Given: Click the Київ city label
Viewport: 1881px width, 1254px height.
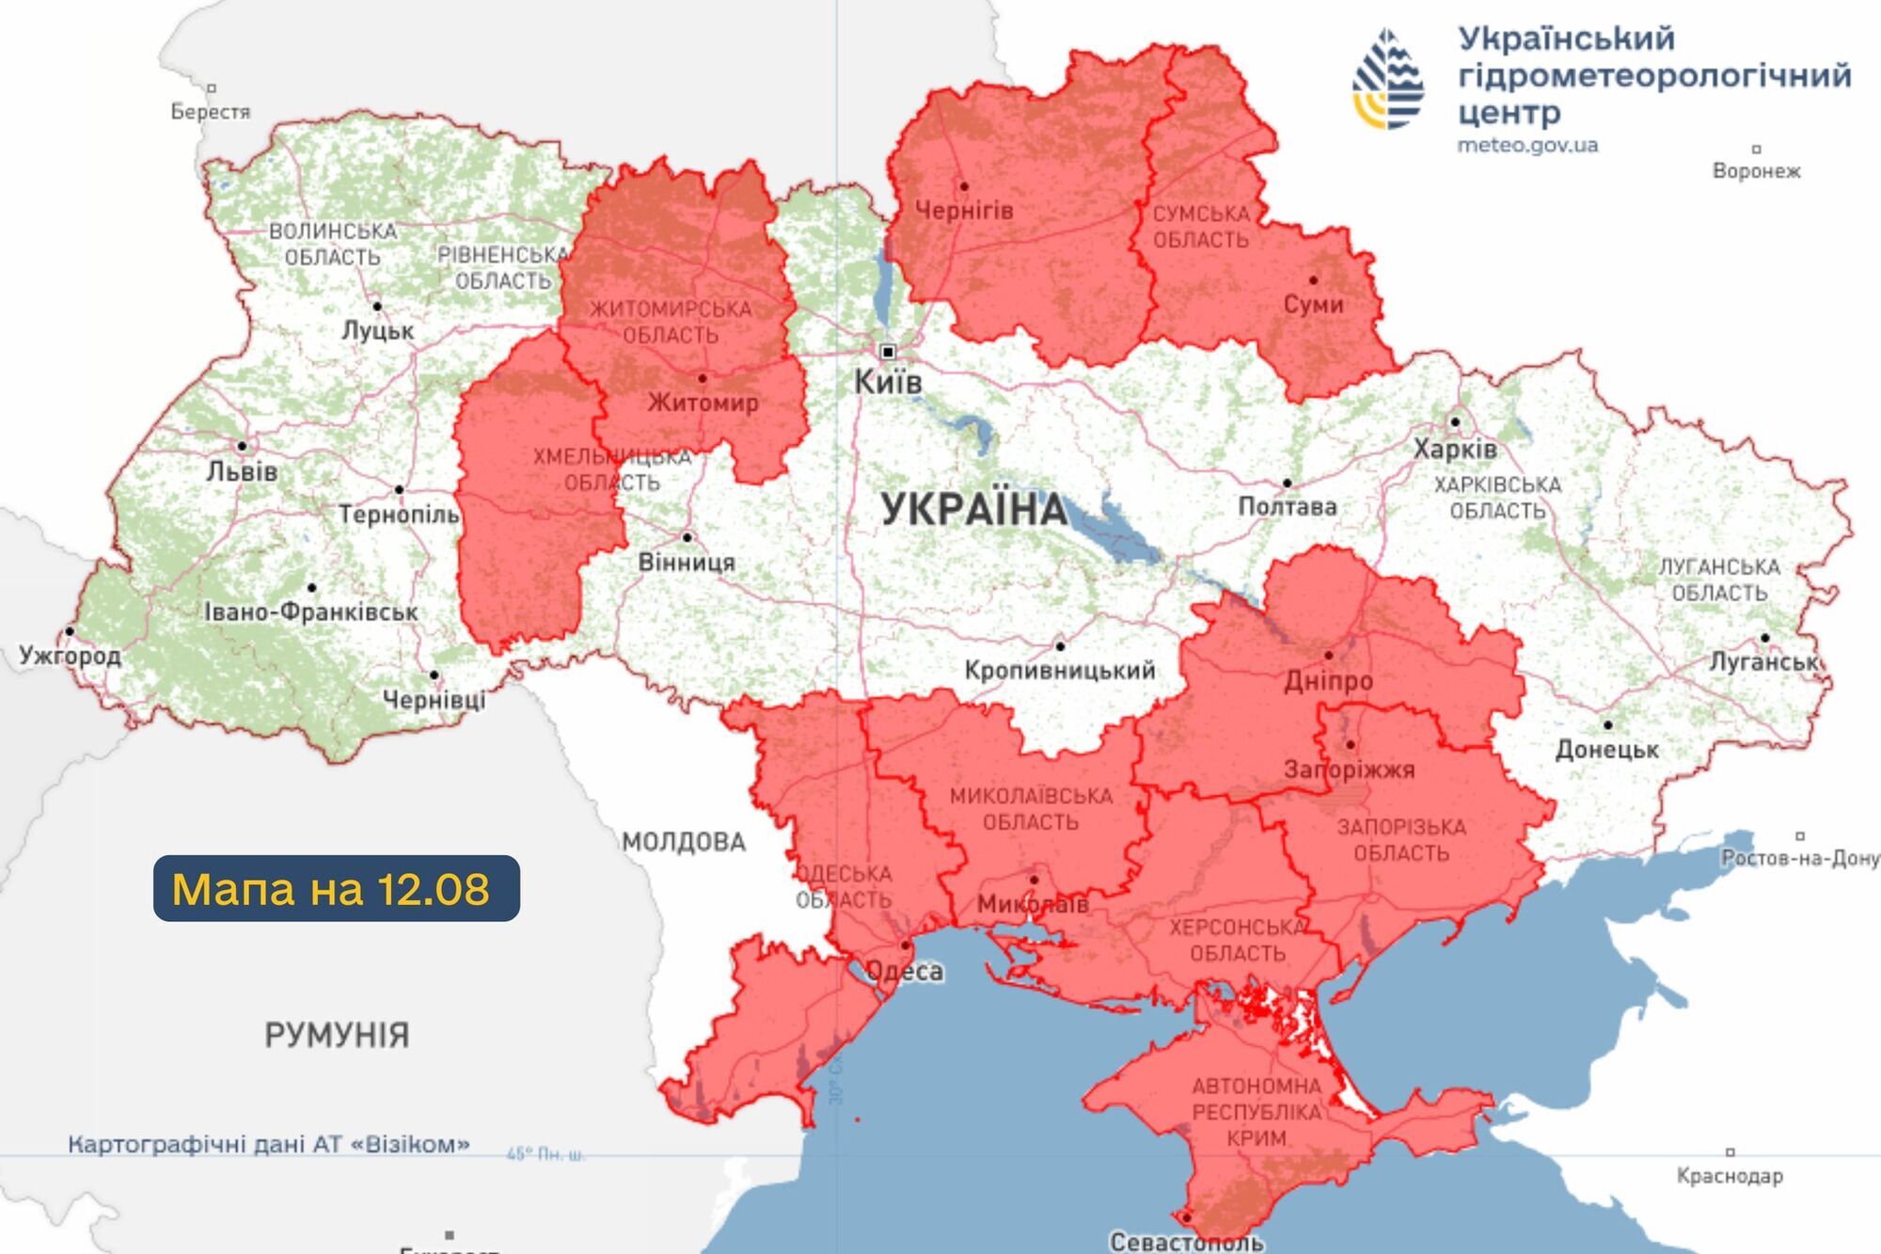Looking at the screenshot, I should [887, 382].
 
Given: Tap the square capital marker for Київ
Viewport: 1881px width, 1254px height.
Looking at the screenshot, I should [887, 352].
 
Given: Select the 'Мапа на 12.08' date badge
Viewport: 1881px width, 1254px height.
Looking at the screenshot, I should [336, 888].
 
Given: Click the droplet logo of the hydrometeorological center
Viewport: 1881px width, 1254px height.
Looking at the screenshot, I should [1388, 79].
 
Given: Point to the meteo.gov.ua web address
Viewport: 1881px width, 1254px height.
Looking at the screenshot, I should [1526, 146].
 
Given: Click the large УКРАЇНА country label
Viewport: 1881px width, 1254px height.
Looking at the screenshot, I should [974, 510].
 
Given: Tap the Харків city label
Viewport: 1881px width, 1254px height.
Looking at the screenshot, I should [1455, 449].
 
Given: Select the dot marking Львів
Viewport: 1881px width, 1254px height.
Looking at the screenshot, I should [242, 446].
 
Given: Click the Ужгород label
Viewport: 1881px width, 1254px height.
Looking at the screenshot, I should [71, 656].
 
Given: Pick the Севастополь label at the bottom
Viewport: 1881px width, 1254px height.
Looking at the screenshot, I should [1186, 1242].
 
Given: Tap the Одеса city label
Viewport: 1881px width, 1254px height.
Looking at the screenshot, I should [904, 971].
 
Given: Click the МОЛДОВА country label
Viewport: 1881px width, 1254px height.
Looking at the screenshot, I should [684, 842].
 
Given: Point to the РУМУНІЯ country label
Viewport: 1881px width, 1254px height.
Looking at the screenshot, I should [337, 1036].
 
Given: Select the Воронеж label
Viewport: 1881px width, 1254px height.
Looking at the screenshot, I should [1756, 171].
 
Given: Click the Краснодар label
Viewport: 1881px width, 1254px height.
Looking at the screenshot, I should [1730, 1176].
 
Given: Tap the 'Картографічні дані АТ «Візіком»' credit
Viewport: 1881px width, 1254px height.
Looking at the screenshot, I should [268, 1145].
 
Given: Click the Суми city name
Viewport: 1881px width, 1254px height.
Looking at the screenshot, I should [1313, 305].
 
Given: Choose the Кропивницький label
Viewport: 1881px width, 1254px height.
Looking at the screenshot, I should [1059, 671].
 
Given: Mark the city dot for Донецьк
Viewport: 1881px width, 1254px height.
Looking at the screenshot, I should [1607, 724].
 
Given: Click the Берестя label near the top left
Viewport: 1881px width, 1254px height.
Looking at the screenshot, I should [211, 112].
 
